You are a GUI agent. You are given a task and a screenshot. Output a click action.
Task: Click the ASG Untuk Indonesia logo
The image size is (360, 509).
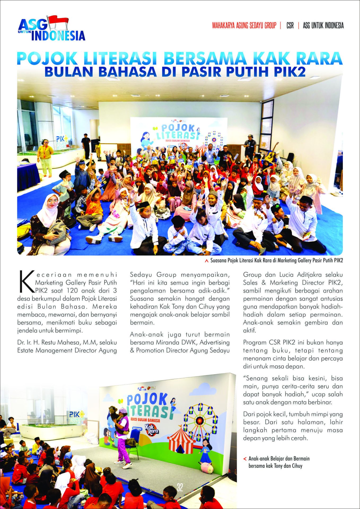point(52,29)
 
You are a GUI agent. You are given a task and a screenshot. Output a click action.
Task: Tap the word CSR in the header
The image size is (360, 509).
point(290,26)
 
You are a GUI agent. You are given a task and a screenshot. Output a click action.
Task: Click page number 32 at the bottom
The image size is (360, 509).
point(180,487)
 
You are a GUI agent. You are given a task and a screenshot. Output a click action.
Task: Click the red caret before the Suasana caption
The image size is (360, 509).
point(207,261)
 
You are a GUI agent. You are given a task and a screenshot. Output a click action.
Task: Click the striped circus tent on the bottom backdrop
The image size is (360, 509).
point(181,440)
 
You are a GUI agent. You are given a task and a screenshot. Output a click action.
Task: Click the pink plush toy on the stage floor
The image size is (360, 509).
point(207,467)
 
